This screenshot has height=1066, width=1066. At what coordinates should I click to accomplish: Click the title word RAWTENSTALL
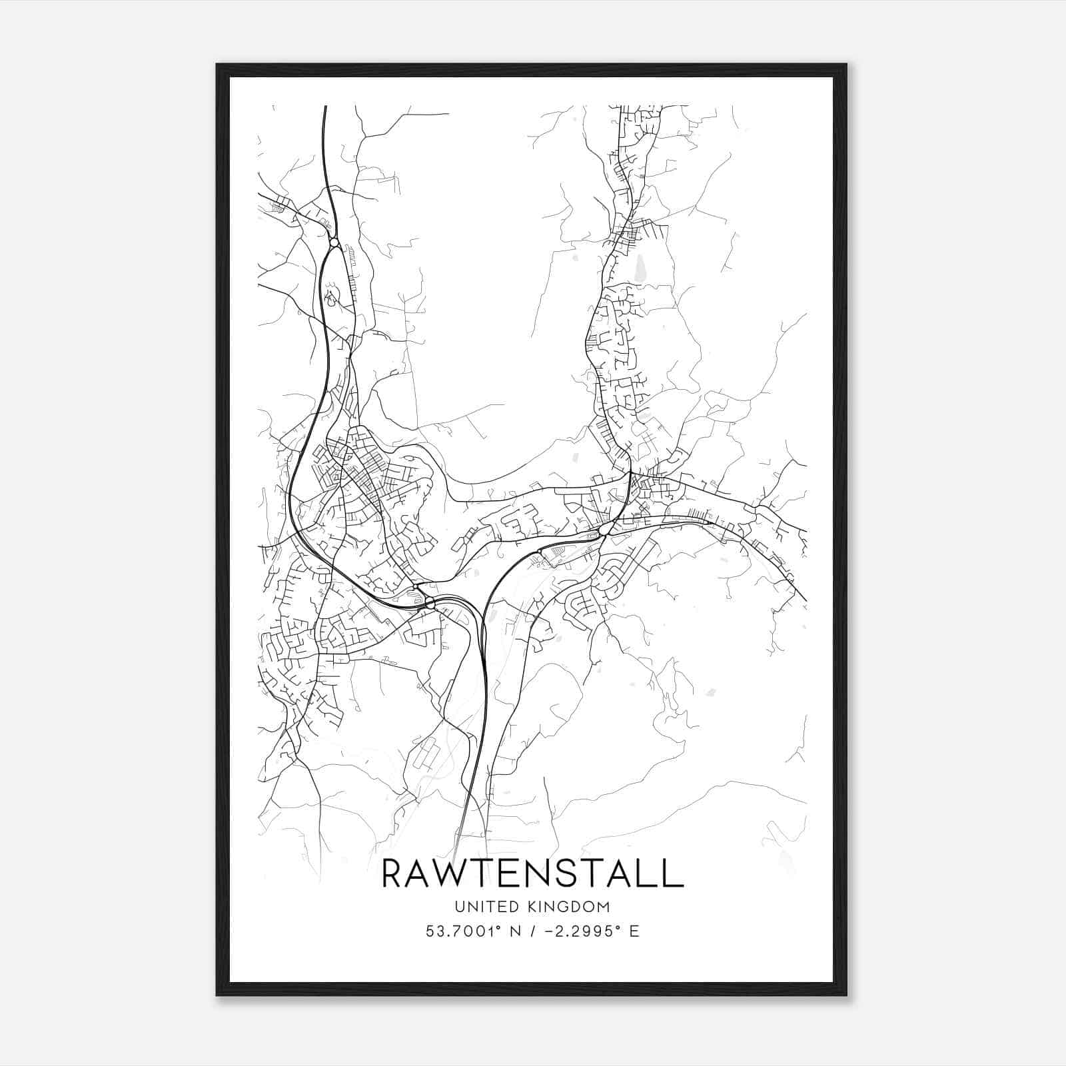click(x=533, y=873)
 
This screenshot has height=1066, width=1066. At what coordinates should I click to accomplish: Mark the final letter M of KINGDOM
click(x=604, y=906)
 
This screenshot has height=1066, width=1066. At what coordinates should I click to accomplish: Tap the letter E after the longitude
click(x=634, y=931)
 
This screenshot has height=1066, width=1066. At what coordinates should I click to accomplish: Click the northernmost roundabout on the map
click(x=334, y=243)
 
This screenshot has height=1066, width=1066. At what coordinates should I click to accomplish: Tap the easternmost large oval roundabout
click(x=606, y=529)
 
